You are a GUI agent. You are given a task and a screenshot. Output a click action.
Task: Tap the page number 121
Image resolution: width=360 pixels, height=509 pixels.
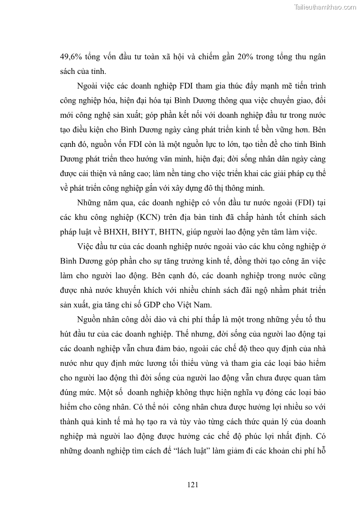[x=193, y=485]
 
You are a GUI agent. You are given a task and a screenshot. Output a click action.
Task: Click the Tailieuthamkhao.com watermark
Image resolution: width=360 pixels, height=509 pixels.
[x=325, y=7]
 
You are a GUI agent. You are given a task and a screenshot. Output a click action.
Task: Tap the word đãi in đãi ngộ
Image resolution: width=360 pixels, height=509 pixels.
[x=248, y=290]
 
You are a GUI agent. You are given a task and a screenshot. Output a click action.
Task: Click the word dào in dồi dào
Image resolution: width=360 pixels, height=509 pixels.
[x=150, y=319]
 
